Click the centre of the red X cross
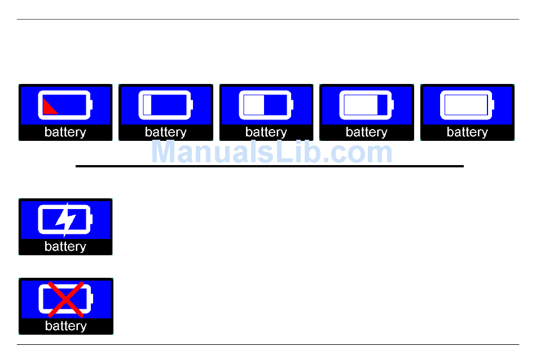[65, 299]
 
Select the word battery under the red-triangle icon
[65, 132]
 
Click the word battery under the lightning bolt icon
[65, 247]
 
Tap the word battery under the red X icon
[65, 326]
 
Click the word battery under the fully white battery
[467, 132]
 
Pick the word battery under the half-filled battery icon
[266, 132]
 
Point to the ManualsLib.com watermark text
[272, 153]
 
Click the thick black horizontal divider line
[270, 166]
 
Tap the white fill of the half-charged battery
[254, 105]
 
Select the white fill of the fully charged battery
[466, 105]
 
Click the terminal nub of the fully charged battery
[493, 105]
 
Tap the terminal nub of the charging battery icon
[91, 219]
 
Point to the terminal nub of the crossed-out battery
[91, 299]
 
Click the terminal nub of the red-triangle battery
[91, 105]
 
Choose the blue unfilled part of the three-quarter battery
[383, 105]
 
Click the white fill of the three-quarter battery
[361, 105]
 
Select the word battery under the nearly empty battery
[166, 132]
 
